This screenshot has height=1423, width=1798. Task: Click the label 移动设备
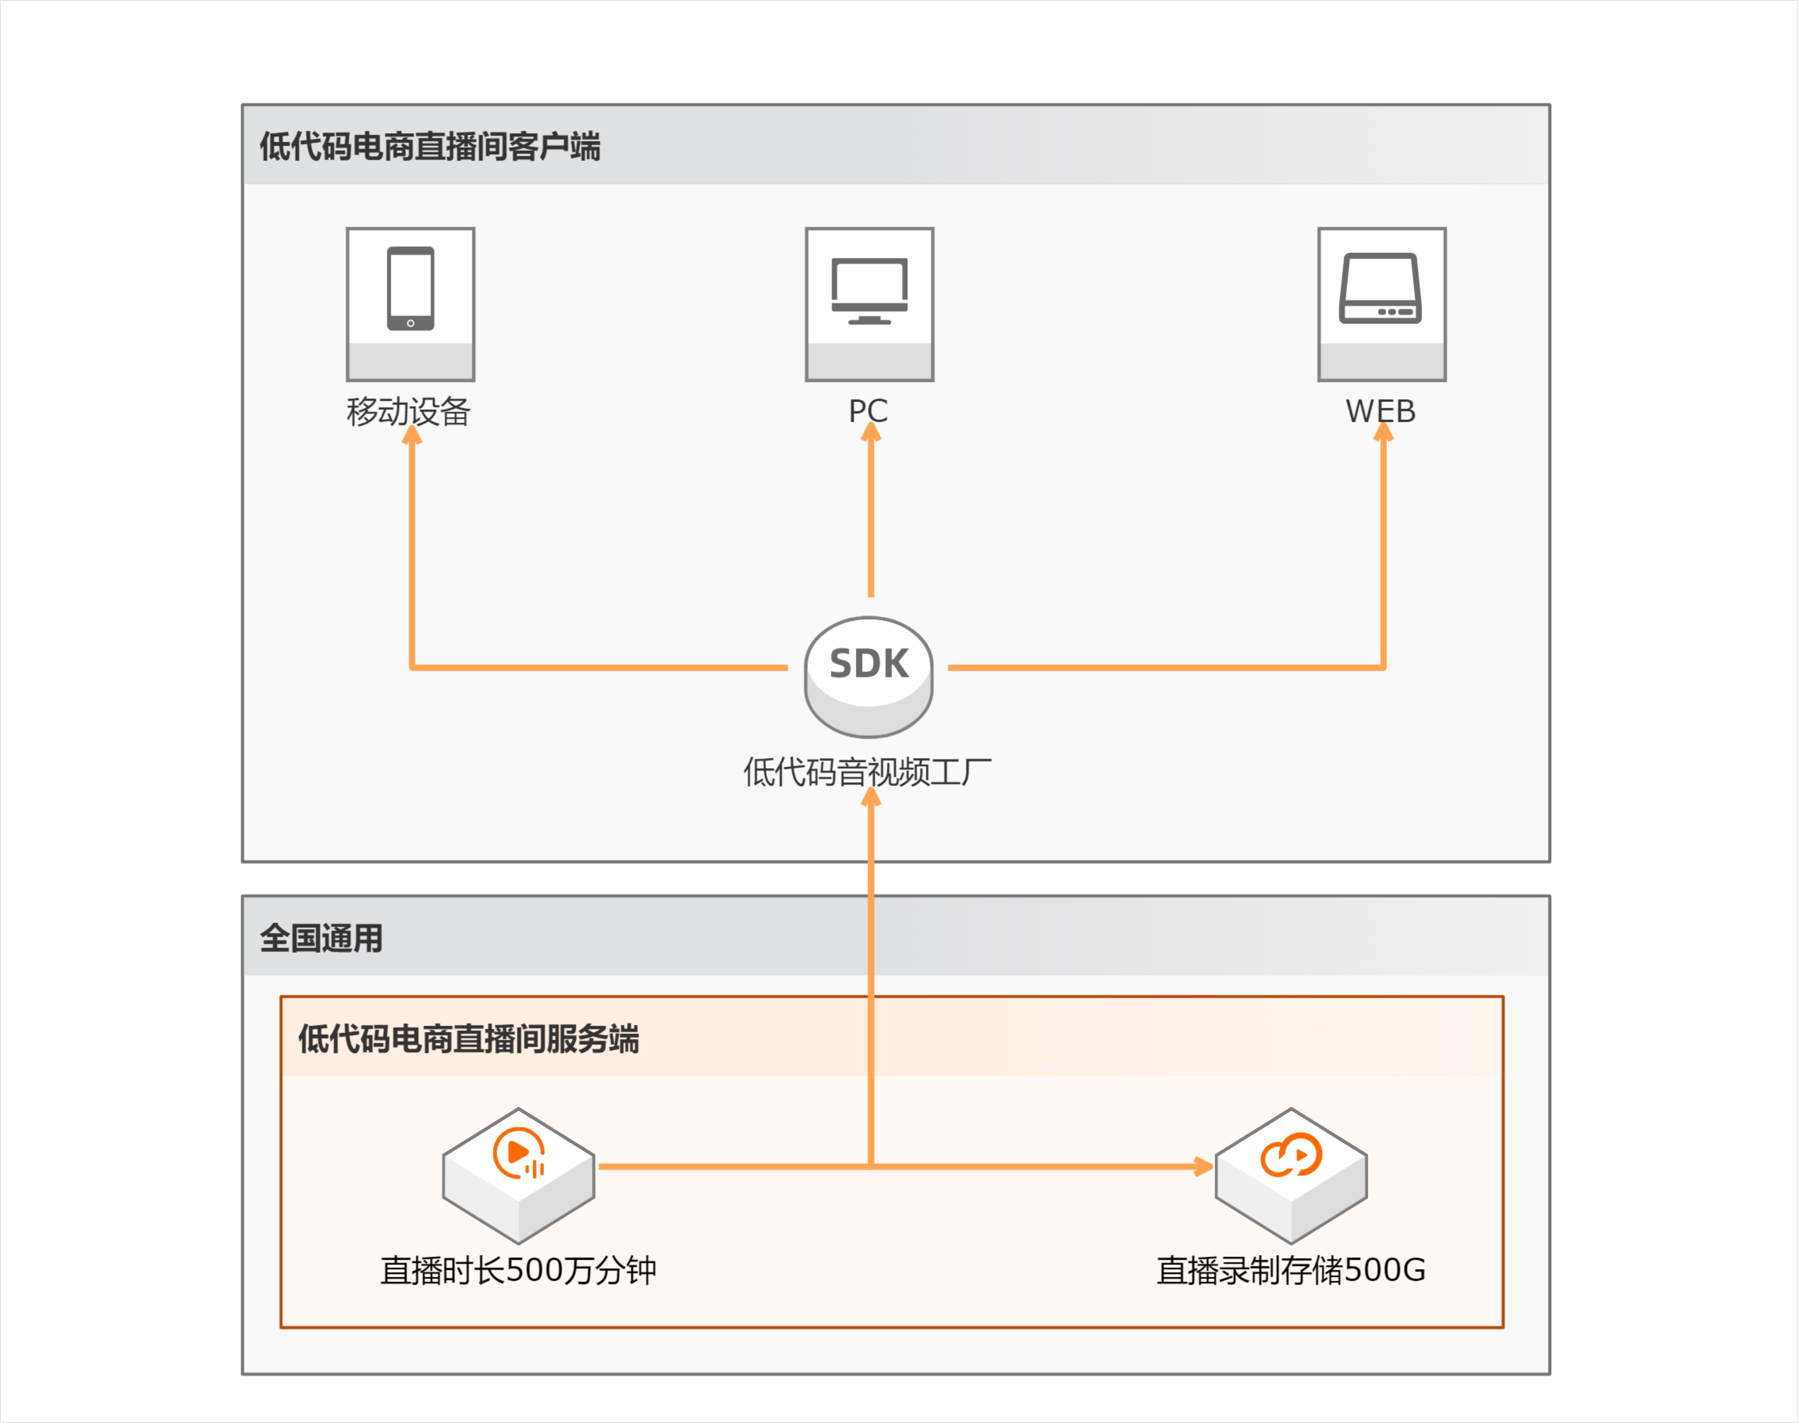coord(408,411)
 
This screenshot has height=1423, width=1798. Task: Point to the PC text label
coord(868,411)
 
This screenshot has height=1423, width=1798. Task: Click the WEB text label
coord(1381,411)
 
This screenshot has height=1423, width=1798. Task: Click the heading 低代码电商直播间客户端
coord(430,147)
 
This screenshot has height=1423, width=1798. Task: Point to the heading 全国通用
coord(322,938)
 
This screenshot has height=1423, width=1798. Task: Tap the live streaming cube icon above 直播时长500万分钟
coord(518,1175)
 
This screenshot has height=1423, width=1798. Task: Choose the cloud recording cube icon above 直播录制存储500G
coord(1291,1175)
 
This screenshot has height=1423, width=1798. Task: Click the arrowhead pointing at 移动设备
coord(412,435)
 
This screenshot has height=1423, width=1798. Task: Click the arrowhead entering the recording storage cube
coord(1203,1167)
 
